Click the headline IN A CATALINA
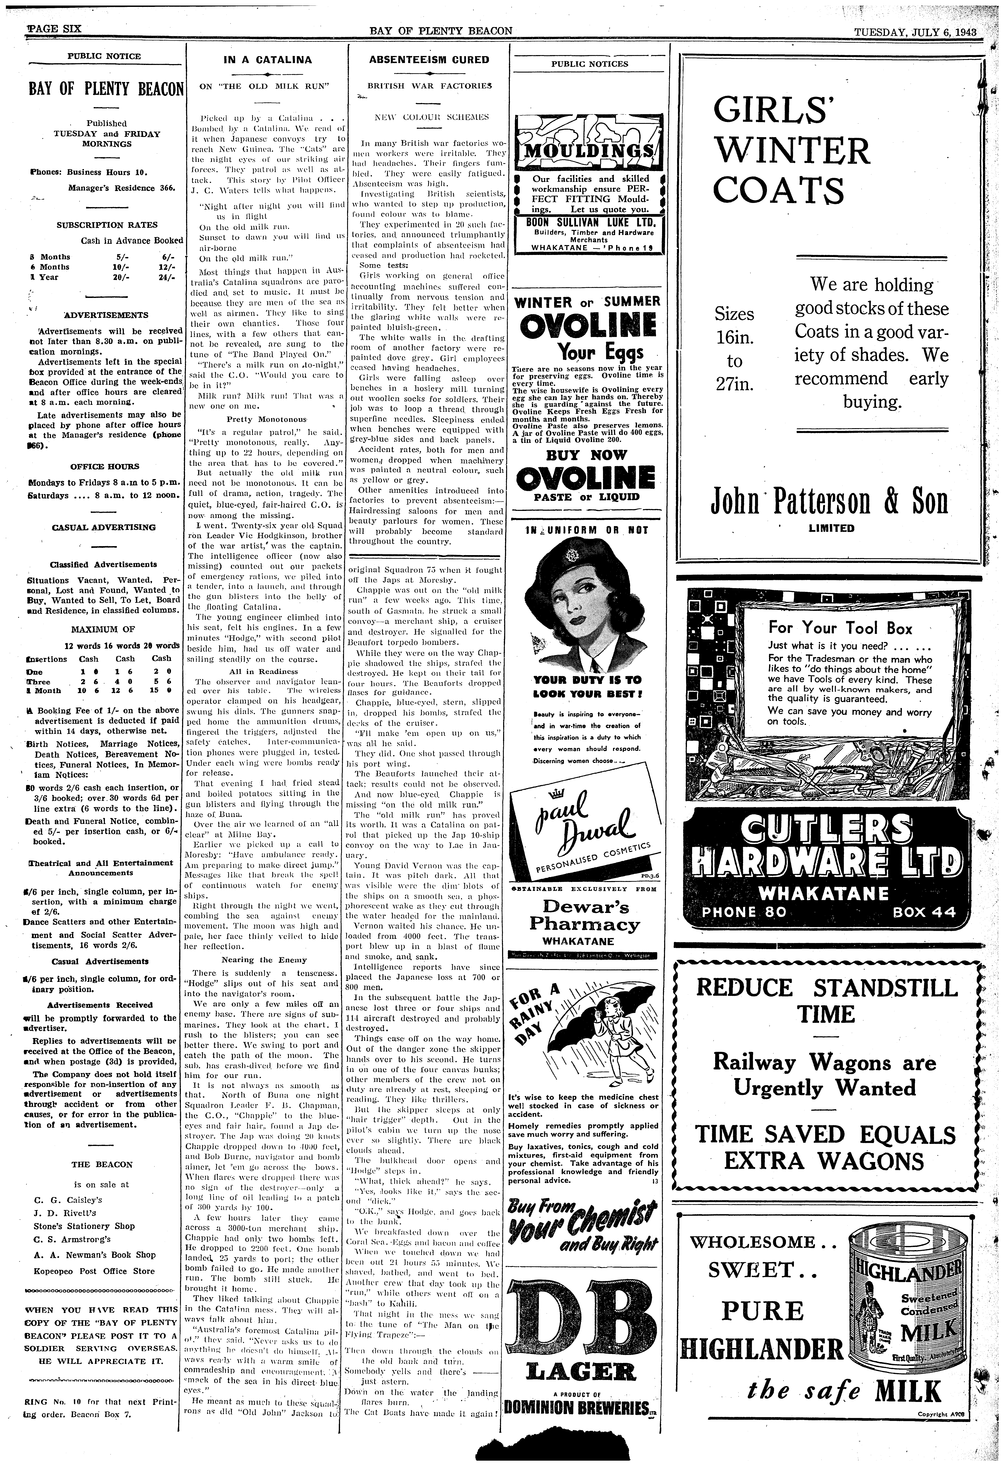click(267, 60)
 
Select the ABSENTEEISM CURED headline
click(429, 60)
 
